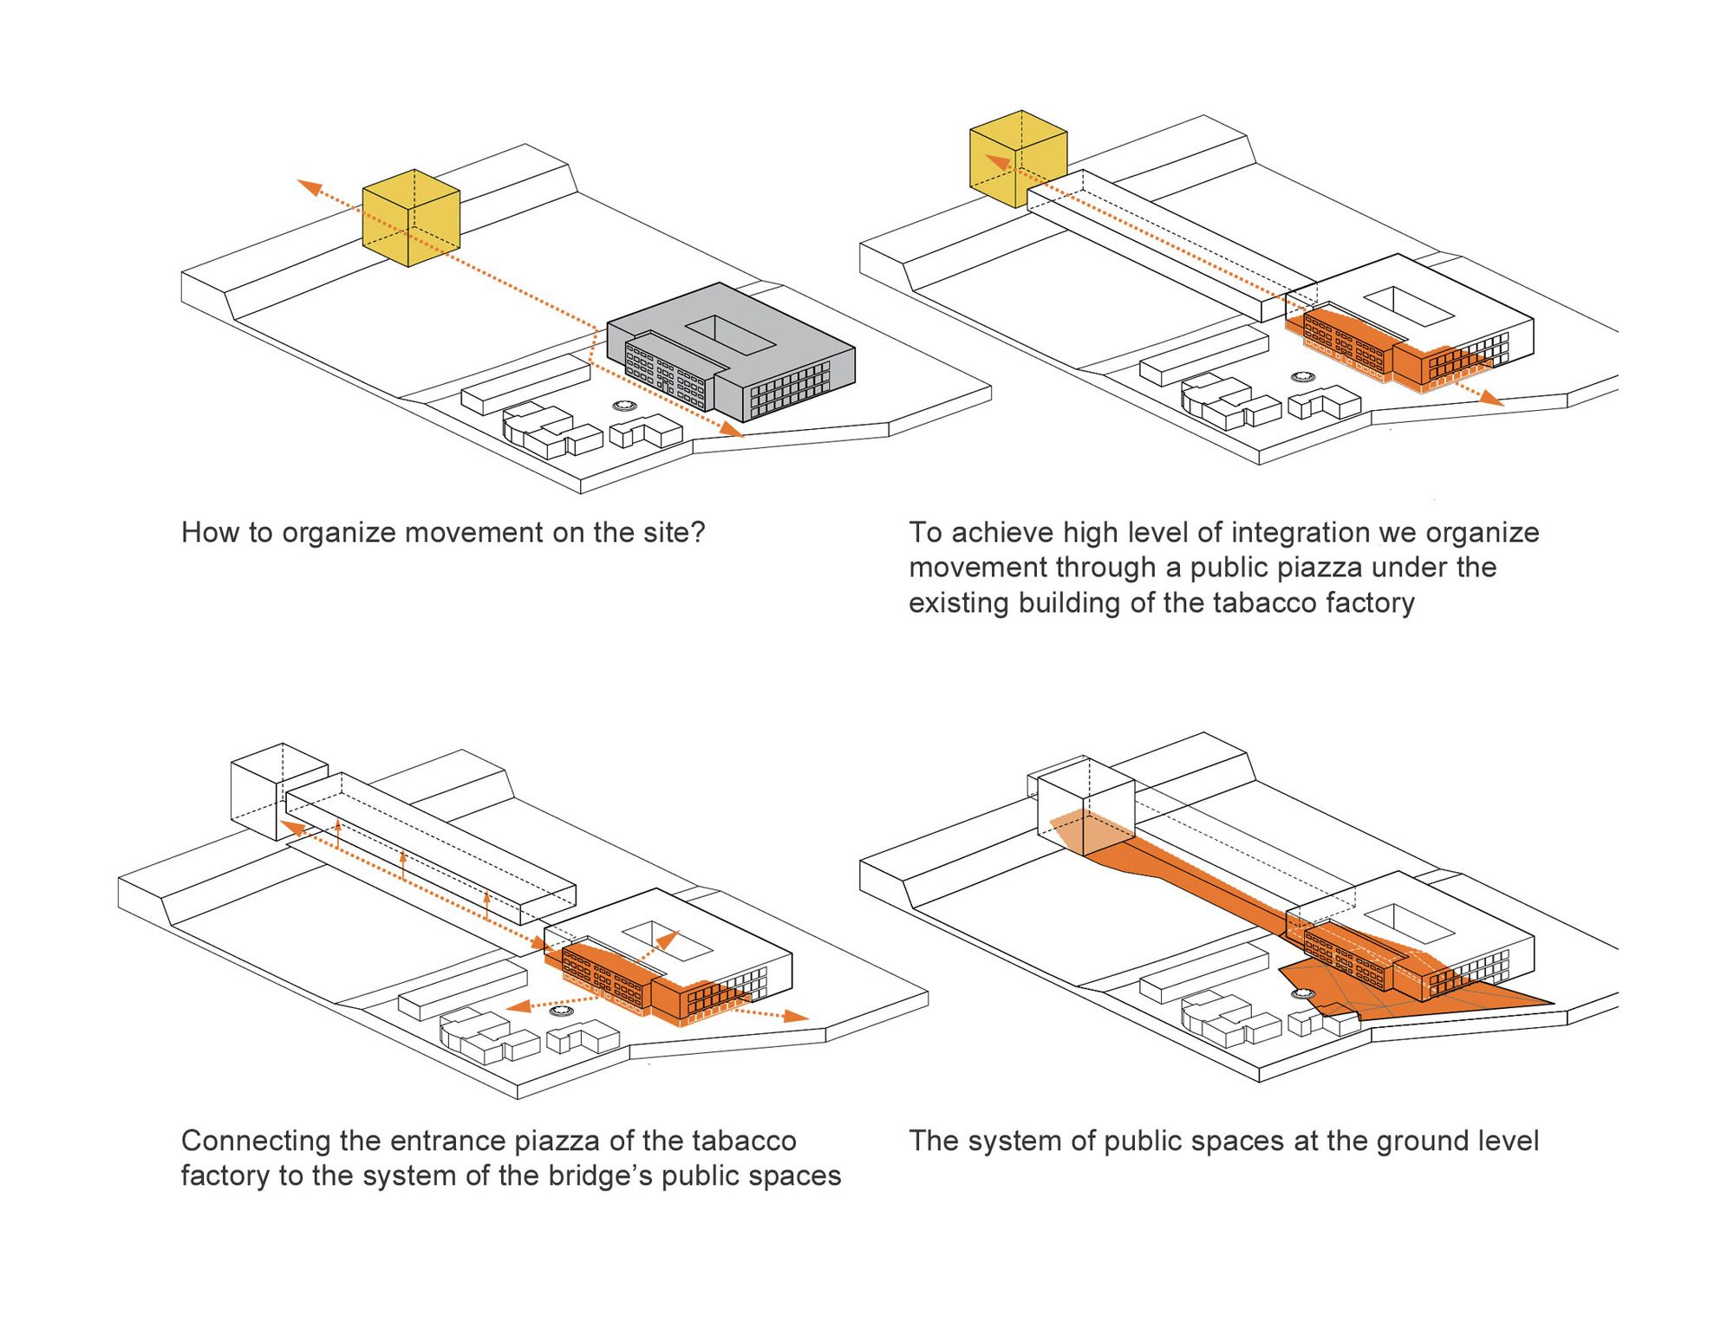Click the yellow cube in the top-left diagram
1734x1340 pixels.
[410, 218]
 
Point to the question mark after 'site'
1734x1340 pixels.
[698, 532]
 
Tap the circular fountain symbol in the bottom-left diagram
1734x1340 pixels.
[563, 1011]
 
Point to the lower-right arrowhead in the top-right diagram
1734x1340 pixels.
[1492, 400]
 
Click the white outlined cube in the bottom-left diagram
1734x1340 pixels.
[277, 790]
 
